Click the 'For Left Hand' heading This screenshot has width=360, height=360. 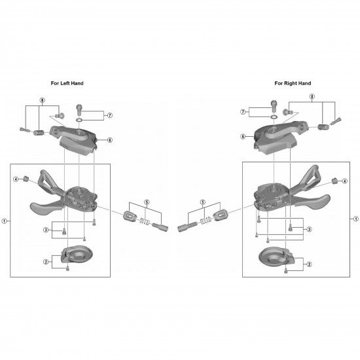[67, 83]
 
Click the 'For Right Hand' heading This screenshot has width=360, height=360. [293, 83]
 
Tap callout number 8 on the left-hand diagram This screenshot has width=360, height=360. [43, 100]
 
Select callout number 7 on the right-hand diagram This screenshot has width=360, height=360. [243, 112]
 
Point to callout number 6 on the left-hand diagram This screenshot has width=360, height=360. [110, 140]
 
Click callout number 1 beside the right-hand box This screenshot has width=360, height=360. [356, 219]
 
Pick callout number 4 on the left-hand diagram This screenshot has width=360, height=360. [16, 179]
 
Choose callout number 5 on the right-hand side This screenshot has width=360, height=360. [203, 202]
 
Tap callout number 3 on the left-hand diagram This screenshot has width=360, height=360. [46, 230]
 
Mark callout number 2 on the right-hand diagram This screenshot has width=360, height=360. [309, 264]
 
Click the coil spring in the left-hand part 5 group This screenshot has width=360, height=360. [145, 221]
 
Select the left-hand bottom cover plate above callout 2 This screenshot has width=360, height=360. [77, 254]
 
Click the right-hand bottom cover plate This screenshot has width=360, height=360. [276, 257]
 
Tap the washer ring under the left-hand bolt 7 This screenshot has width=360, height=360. [79, 120]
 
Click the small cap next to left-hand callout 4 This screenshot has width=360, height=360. [26, 178]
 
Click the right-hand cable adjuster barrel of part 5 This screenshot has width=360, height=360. [187, 226]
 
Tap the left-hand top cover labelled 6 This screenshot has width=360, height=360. [75, 140]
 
